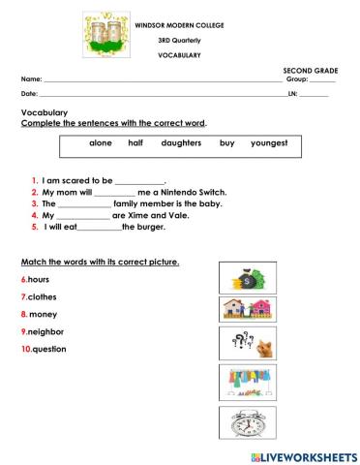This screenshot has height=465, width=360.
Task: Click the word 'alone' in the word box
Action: click(101, 142)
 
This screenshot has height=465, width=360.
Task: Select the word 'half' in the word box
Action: click(135, 142)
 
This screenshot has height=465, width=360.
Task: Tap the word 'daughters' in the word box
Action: click(181, 142)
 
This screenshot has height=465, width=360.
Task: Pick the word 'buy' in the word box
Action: click(226, 142)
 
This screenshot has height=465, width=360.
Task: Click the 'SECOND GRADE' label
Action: click(310, 72)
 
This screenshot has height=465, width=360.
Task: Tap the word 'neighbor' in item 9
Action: click(46, 331)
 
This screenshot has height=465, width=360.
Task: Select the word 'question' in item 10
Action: click(49, 349)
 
